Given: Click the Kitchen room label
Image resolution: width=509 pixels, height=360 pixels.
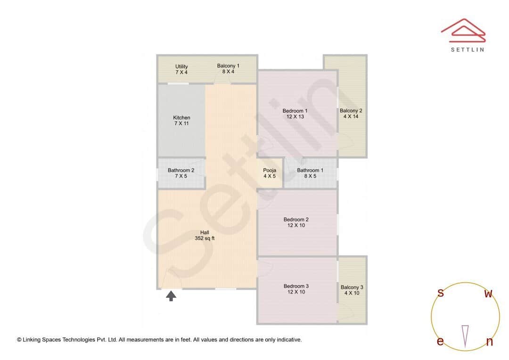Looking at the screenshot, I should [181, 121].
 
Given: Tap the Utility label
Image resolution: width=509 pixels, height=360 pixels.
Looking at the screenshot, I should [181, 69].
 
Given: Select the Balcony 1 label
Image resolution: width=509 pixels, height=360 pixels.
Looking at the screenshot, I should [228, 69].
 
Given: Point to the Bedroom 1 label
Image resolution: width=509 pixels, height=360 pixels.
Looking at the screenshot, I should [295, 114].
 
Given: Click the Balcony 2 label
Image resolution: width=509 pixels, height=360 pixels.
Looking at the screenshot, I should [351, 114].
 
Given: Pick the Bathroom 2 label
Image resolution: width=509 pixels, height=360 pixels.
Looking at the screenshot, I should [181, 173].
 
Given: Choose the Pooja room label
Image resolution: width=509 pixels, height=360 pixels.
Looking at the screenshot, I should [270, 173].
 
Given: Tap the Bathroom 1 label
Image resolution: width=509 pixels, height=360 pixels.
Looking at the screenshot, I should [310, 173].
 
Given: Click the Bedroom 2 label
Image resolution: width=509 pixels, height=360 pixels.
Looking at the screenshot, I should [296, 222].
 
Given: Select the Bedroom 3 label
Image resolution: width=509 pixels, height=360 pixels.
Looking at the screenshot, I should [296, 289].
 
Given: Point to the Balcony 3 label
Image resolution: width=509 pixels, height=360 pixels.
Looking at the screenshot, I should [352, 290].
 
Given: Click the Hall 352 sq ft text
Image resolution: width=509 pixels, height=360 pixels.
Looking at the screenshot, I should [205, 235].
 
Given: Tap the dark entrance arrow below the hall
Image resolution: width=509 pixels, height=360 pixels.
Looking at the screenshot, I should [172, 296].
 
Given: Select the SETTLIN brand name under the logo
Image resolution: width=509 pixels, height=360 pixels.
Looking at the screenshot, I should [467, 49].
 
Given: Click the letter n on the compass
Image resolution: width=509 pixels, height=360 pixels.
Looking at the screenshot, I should [489, 342].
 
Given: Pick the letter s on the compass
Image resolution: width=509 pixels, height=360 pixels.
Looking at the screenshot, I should [441, 293].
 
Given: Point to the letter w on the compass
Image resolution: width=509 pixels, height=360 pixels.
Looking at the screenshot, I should [489, 294].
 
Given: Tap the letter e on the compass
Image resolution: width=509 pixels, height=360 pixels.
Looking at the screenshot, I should [440, 341].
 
